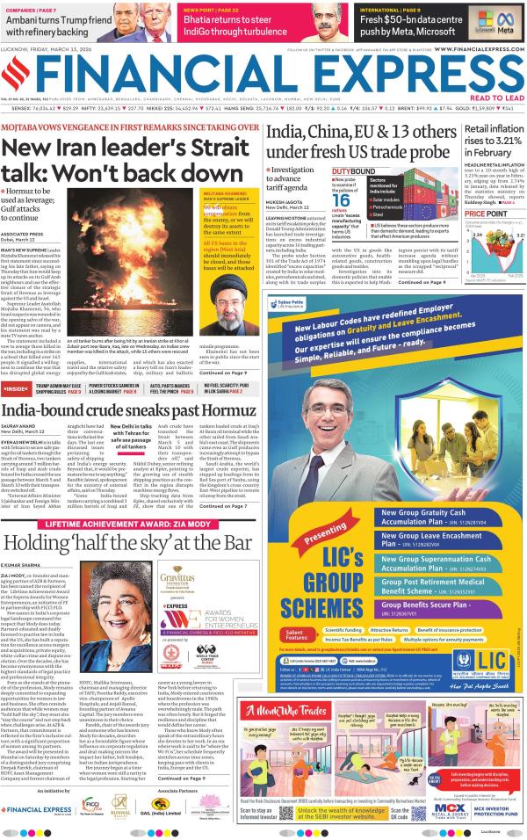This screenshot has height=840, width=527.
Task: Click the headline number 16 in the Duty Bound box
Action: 345,199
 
